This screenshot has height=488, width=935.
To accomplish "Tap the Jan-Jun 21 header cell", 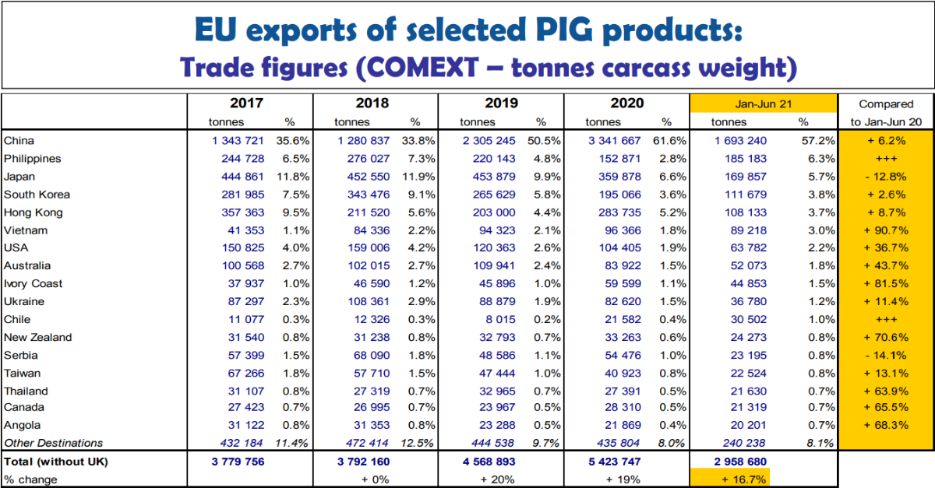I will tap(752, 104).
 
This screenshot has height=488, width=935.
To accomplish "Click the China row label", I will tap(19, 141).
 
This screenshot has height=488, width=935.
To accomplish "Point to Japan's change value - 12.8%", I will tap(885, 177).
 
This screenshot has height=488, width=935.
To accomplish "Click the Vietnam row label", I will tap(26, 230).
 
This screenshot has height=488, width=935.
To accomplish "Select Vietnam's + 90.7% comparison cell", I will tap(885, 230).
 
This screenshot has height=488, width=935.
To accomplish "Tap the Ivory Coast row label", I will tap(34, 284).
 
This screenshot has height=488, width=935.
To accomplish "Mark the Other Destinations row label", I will tap(53, 443).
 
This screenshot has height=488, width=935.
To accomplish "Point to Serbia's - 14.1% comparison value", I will tap(885, 356).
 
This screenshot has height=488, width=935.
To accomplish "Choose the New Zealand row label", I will tap(37, 338).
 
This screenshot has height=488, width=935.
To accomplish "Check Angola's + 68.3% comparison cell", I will tap(885, 425).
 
